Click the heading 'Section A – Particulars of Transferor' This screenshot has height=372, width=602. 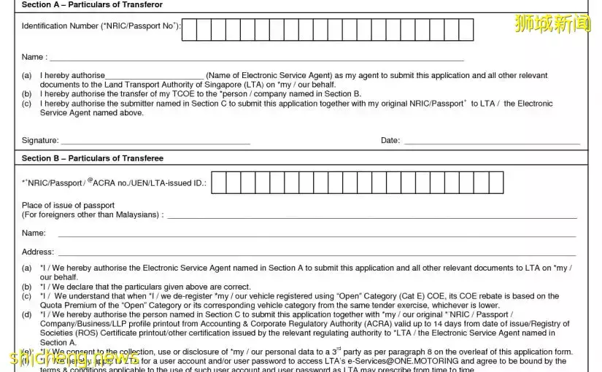[92, 5]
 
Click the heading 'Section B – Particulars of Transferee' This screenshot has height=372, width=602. [93, 158]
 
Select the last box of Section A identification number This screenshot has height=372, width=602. [466, 30]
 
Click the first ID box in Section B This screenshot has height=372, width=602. [218, 183]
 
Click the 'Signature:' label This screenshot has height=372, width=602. [39, 140]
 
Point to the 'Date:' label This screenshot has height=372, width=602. [390, 140]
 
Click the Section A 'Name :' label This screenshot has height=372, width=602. [34, 57]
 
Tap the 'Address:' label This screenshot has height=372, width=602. [37, 252]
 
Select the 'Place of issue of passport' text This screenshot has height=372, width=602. [68, 206]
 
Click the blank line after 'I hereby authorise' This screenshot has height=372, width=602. [155, 77]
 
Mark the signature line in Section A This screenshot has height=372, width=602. [155, 142]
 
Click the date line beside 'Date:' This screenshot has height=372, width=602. [492, 142]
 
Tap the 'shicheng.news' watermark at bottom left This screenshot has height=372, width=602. [73, 359]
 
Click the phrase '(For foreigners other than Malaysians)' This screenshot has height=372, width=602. [90, 215]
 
